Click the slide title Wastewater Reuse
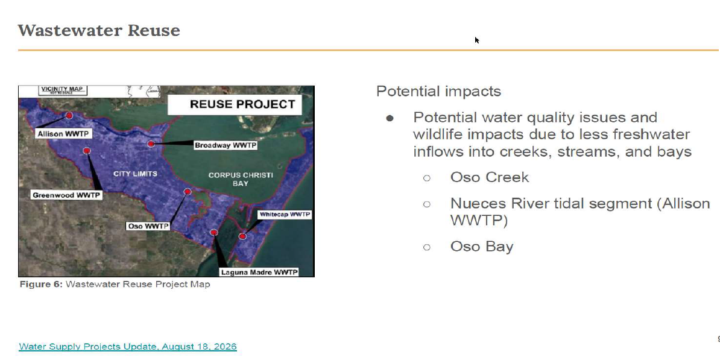click(x=99, y=30)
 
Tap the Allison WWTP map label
click(x=63, y=134)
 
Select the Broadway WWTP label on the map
click(x=225, y=145)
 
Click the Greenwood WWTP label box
click(x=66, y=195)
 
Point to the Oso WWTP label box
click(x=148, y=226)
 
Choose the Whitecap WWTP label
click(x=285, y=215)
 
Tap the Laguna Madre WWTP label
click(x=259, y=273)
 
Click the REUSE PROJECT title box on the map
click(x=235, y=104)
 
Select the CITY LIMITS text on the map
click(x=135, y=174)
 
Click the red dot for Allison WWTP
click(x=69, y=116)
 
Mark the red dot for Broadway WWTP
click(x=151, y=144)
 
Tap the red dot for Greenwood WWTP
click(x=87, y=151)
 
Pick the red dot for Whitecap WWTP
click(x=242, y=236)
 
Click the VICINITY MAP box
click(x=63, y=90)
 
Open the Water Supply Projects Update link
click(x=128, y=346)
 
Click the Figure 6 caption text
click(x=115, y=284)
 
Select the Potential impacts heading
click(x=438, y=91)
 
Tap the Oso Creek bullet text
click(x=490, y=177)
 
